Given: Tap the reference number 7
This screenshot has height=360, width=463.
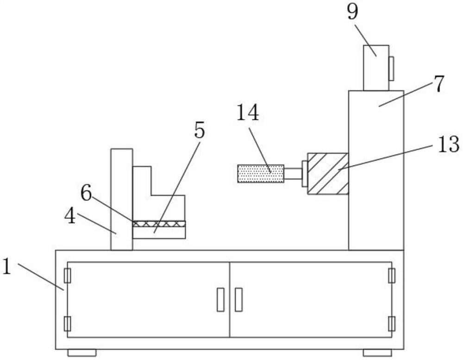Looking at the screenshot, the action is (438, 84).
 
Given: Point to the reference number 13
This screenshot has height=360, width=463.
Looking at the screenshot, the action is (447, 145).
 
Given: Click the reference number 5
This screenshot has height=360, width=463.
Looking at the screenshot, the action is (199, 132).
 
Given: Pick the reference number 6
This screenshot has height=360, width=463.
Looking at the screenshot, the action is (87, 194).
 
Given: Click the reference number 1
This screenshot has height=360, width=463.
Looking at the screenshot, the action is (6, 268).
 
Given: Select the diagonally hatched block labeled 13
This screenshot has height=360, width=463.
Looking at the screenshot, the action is (328, 173).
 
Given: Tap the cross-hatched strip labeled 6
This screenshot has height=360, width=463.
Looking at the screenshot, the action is (159, 224).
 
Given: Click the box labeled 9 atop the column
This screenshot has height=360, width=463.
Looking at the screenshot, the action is (375, 68).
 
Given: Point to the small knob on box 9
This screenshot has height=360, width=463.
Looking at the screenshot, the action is (391, 68).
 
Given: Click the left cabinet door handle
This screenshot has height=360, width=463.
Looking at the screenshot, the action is (221, 299).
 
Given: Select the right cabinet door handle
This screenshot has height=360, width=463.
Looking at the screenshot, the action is (238, 299).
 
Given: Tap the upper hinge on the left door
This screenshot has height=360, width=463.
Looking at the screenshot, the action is (68, 275).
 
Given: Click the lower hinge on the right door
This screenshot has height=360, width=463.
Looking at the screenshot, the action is (392, 323).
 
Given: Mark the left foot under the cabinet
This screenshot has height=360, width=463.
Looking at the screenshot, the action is (81, 353).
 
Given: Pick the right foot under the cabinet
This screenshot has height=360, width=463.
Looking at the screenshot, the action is (377, 353).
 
